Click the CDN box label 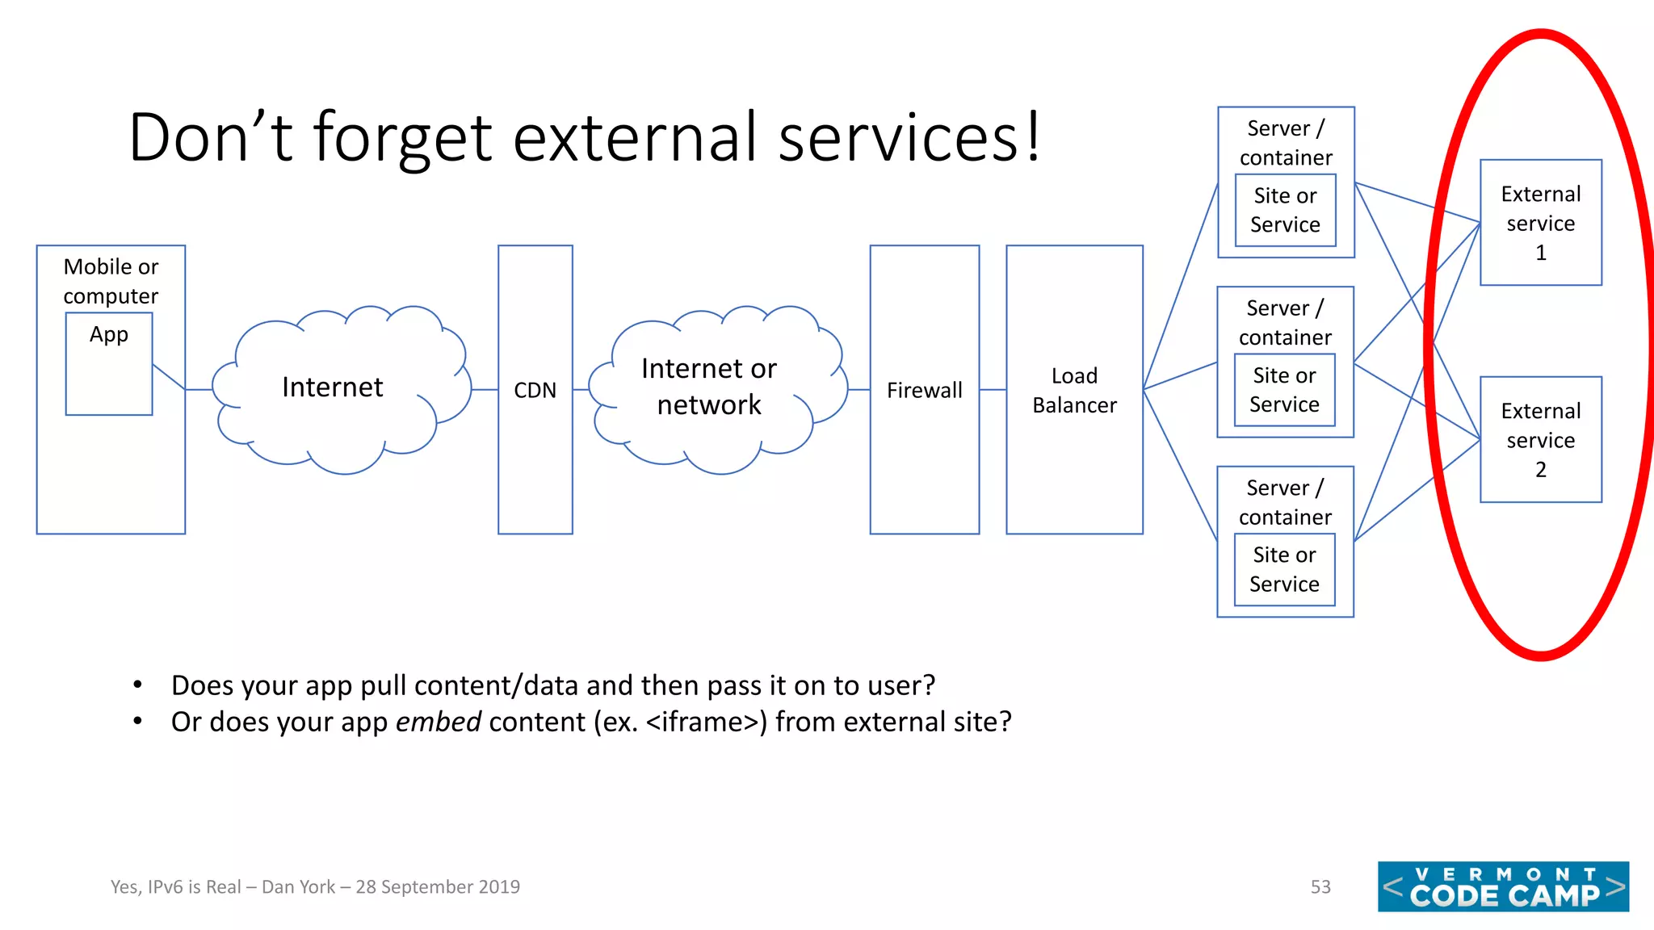(x=535, y=390)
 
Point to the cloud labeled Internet (x=333, y=387)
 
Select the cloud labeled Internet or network (x=709, y=387)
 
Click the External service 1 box (x=1540, y=223)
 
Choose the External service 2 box (x=1540, y=440)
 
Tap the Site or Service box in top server (x=1285, y=211)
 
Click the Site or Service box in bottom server (x=1284, y=570)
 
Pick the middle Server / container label (x=1285, y=322)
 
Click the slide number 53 (x=1320, y=886)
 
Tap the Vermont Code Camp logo (x=1503, y=886)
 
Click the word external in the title (x=637, y=137)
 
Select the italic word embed (x=438, y=722)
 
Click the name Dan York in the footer (x=298, y=886)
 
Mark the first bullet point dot (x=138, y=685)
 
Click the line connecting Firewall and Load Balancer (x=993, y=390)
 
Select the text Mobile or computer (x=111, y=281)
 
